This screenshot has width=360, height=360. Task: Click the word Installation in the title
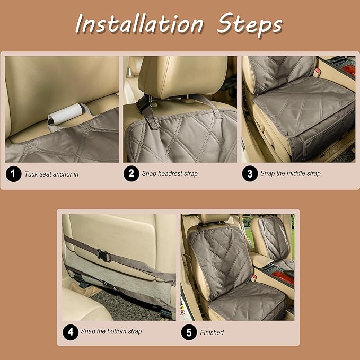[139, 24]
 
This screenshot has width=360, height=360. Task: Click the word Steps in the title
[250, 25]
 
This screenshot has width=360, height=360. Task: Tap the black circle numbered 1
[13, 174]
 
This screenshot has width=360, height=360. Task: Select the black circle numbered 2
[131, 173]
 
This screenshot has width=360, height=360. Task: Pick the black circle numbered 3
[250, 173]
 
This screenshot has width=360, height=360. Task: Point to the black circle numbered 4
[71, 332]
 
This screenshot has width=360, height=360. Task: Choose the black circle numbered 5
[189, 332]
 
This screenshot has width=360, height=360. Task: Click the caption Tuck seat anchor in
[51, 174]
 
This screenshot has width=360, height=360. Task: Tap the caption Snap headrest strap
[170, 174]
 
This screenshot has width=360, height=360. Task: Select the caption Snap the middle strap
[291, 173]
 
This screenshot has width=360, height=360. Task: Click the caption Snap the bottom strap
[111, 331]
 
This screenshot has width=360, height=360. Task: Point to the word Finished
[212, 332]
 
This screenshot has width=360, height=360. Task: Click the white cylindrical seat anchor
[65, 114]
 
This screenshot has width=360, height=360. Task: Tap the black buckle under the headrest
[144, 104]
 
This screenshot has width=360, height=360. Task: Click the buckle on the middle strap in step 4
[103, 255]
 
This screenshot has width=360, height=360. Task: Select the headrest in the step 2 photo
[182, 77]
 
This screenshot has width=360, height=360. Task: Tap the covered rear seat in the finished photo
[275, 241]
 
